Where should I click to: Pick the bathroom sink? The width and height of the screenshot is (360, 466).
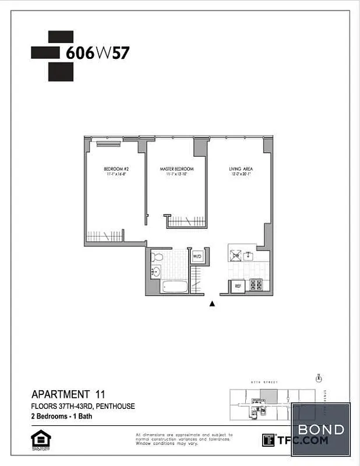(156, 272)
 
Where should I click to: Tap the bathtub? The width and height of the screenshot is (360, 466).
(174, 287)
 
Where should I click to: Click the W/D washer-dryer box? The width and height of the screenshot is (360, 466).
(197, 256)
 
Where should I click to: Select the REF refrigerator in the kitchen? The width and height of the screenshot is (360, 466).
(238, 286)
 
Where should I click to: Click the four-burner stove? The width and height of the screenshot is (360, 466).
(255, 285)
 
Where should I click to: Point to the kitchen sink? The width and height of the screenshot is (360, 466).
(249, 255)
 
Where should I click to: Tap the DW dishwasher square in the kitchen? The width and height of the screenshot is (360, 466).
(237, 255)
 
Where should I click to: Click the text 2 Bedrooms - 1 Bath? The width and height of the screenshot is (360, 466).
(61, 416)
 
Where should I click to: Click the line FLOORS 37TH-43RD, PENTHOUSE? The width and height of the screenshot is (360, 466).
(83, 406)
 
